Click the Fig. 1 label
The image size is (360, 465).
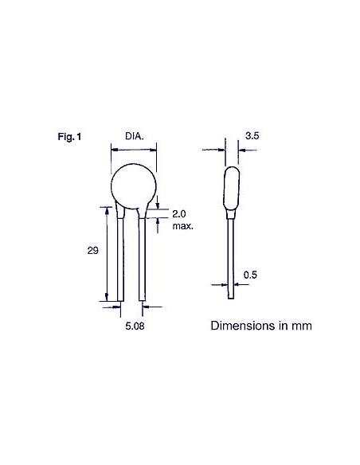pos(70,137)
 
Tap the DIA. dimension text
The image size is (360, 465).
pos(135,136)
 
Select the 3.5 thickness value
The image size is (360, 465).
pos(252,136)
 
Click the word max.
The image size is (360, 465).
pos(184,225)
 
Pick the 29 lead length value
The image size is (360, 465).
pos(92,250)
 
